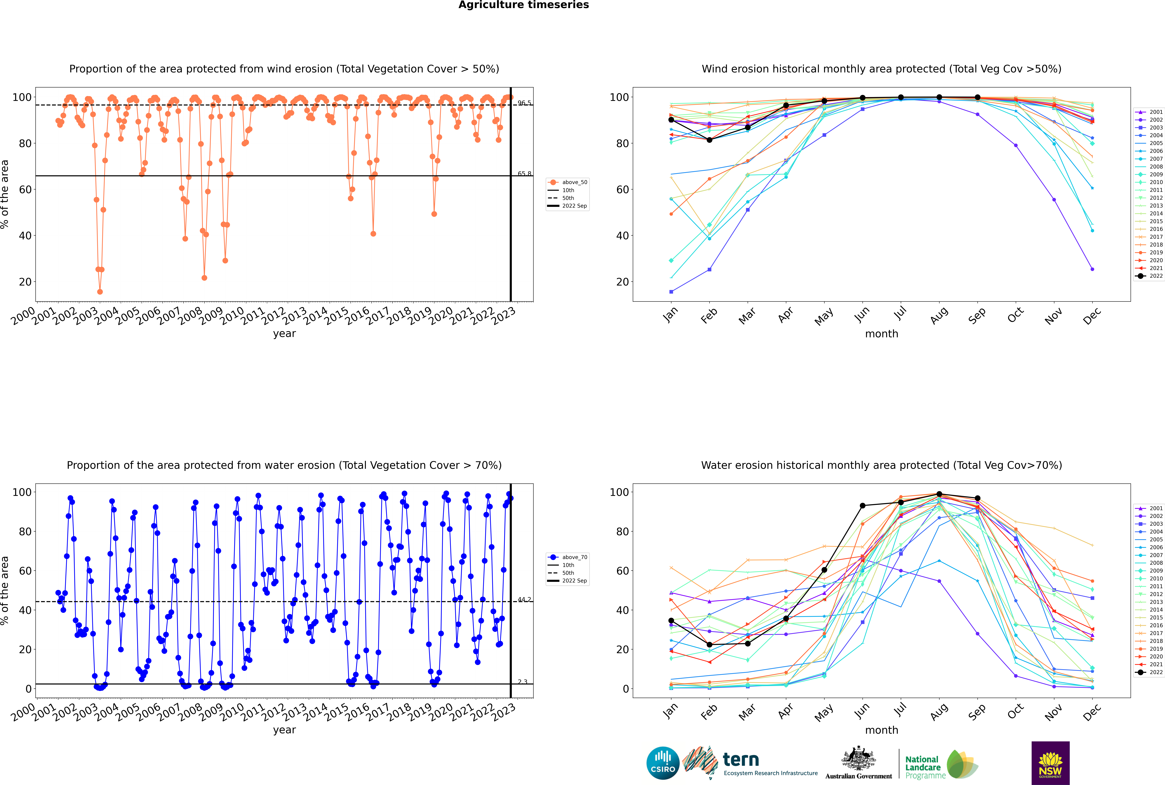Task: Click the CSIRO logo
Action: point(663,763)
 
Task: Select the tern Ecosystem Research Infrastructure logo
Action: point(750,763)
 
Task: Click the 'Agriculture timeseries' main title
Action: point(523,5)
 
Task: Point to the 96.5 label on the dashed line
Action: point(524,103)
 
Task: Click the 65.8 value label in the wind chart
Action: point(524,174)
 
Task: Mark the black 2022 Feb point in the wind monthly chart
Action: point(709,140)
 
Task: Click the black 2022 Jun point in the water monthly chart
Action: point(862,506)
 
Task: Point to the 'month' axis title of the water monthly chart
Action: point(881,730)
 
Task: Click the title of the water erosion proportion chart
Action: point(284,465)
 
